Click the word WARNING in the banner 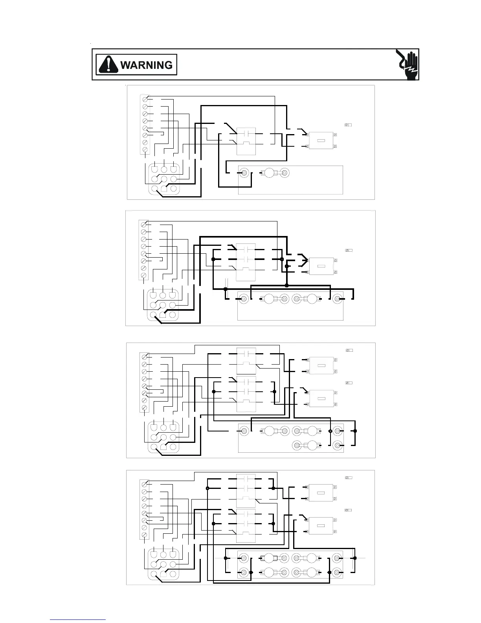pyautogui.click(x=146, y=65)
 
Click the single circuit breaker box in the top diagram pyautogui.click(x=321, y=140)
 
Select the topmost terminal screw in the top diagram pyautogui.click(x=145, y=98)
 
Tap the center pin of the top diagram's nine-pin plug pyautogui.click(x=164, y=179)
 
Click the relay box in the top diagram pyautogui.click(x=246, y=141)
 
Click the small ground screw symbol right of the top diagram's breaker pyautogui.click(x=348, y=125)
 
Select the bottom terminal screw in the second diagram pyautogui.click(x=144, y=275)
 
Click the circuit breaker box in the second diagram pyautogui.click(x=321, y=266)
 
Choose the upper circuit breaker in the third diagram pyautogui.click(x=321, y=365)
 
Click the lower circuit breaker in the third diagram pyautogui.click(x=321, y=398)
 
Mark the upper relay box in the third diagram pyautogui.click(x=246, y=361)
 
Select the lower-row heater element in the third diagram pyautogui.click(x=312, y=445)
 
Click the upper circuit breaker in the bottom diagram pyautogui.click(x=321, y=493)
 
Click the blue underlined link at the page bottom pyautogui.click(x=78, y=619)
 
